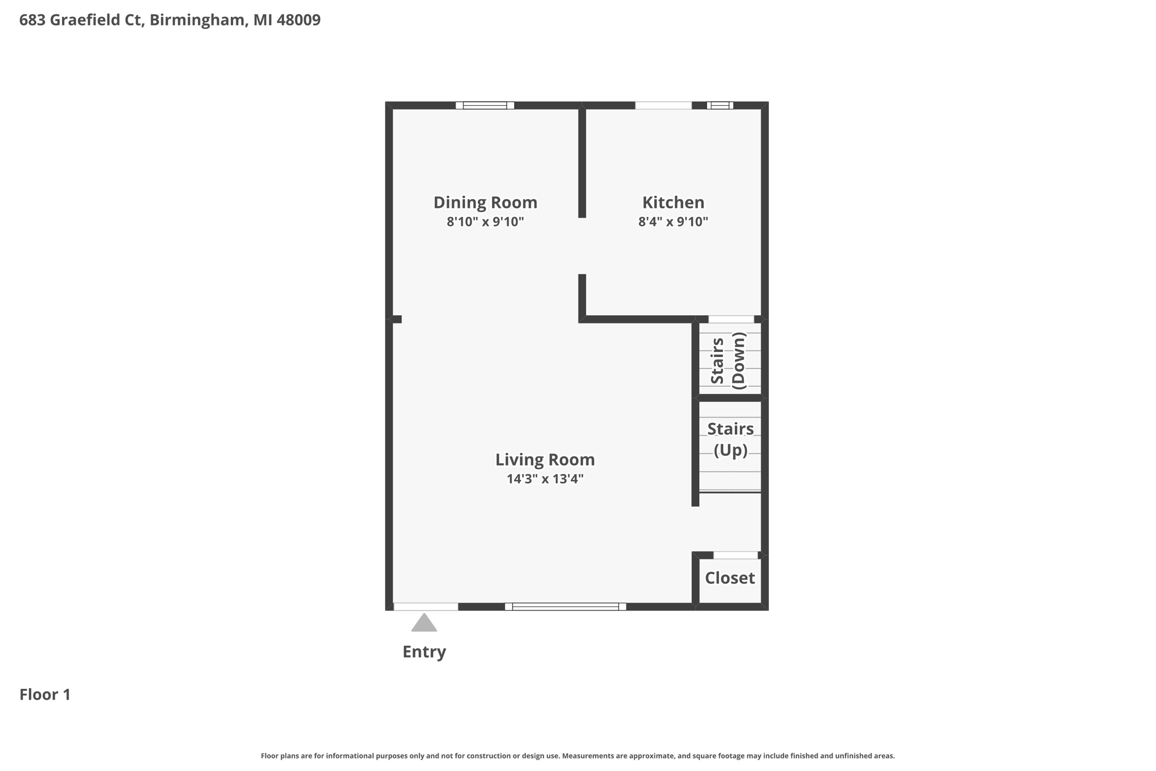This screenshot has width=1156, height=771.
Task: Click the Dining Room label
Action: [x=485, y=202]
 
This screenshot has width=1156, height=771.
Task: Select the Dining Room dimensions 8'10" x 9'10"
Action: [x=485, y=221]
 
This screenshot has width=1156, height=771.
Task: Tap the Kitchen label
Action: [x=673, y=202]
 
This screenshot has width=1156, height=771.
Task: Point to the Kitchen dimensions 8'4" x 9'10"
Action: [x=673, y=221]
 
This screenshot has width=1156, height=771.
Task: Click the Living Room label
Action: [x=545, y=460]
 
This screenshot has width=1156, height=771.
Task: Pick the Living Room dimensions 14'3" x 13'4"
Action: [x=545, y=479]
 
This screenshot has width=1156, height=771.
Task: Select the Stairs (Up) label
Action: [x=730, y=439]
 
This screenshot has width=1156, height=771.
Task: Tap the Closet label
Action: [x=729, y=578]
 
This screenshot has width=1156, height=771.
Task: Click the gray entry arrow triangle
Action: [x=424, y=624]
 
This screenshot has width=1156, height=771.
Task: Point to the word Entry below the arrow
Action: [x=424, y=652]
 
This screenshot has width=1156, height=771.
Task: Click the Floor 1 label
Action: [x=45, y=694]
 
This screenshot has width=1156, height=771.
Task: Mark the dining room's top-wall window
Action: [x=485, y=105]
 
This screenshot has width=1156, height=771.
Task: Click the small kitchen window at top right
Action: [x=720, y=105]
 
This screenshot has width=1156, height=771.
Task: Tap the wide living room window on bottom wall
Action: [x=565, y=607]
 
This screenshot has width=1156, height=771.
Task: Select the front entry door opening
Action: [x=426, y=607]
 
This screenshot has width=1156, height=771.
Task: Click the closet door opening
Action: [x=735, y=555]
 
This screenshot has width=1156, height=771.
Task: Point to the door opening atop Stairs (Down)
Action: [x=731, y=319]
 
